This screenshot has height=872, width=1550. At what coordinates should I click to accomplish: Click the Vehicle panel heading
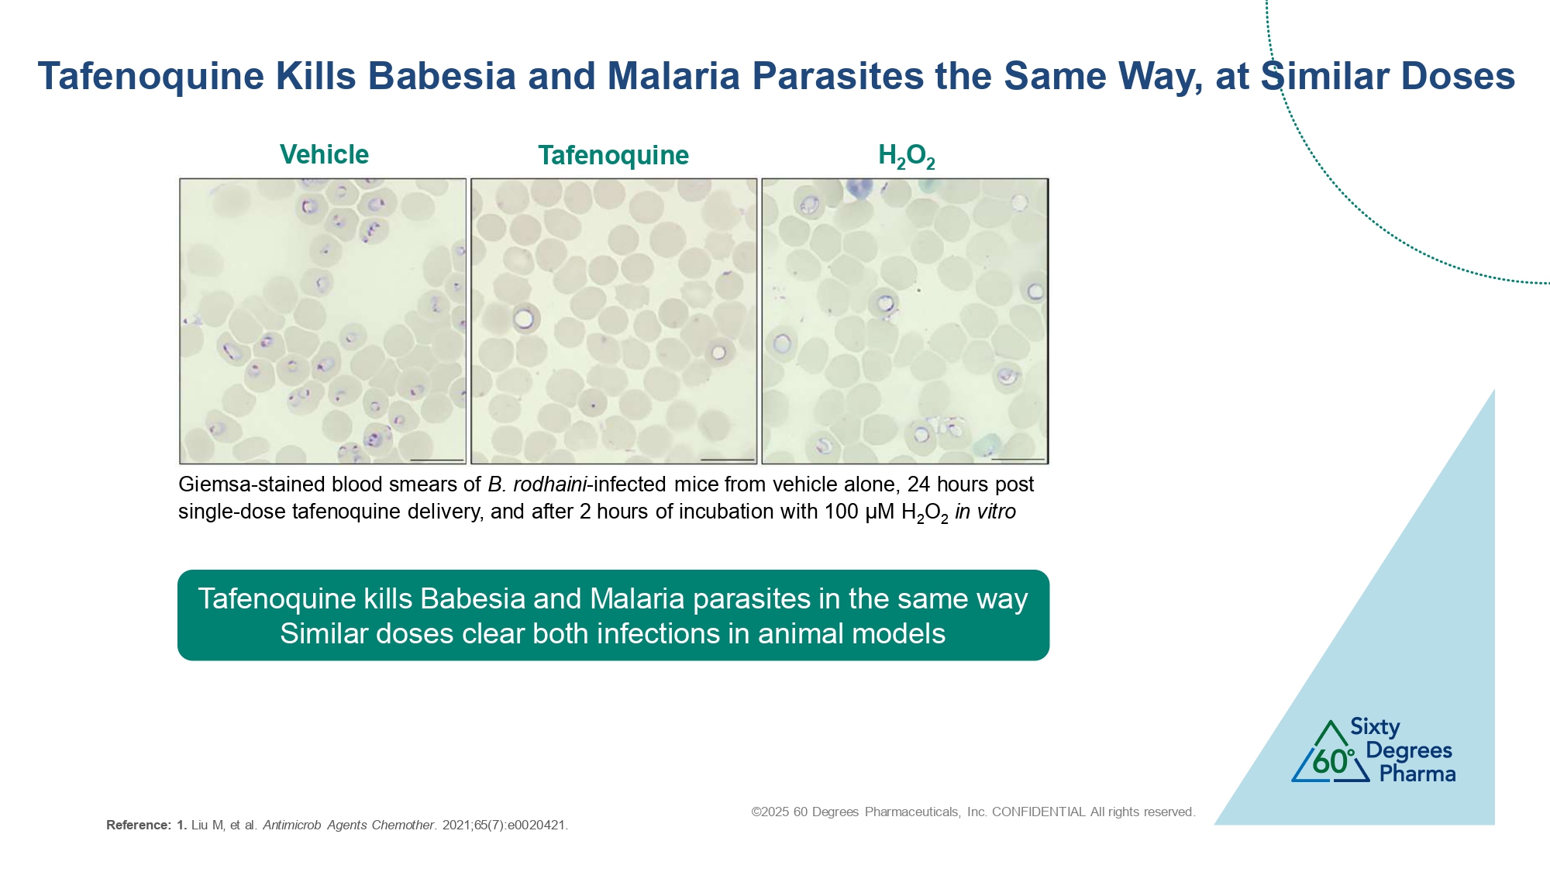click(324, 154)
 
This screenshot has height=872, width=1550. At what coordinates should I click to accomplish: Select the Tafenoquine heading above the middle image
click(613, 155)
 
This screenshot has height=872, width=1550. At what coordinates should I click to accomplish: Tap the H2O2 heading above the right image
click(906, 156)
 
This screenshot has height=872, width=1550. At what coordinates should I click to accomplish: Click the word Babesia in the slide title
click(442, 76)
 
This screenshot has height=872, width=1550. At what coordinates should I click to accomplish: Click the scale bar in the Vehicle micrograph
click(437, 460)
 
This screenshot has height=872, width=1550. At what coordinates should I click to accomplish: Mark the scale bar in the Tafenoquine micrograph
click(727, 460)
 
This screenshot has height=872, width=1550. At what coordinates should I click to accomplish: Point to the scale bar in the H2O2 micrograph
click(1018, 460)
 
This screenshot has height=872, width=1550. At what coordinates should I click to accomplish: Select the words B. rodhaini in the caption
click(538, 484)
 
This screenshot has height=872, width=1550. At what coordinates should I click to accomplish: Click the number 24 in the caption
click(918, 484)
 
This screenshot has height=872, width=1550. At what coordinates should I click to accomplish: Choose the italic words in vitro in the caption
click(985, 512)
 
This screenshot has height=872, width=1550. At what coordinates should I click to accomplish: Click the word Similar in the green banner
click(323, 633)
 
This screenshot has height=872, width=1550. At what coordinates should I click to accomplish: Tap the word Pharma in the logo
click(1417, 774)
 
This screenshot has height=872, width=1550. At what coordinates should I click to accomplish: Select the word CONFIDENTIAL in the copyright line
click(1038, 812)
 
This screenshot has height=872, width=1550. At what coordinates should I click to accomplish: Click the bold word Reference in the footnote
click(138, 825)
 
